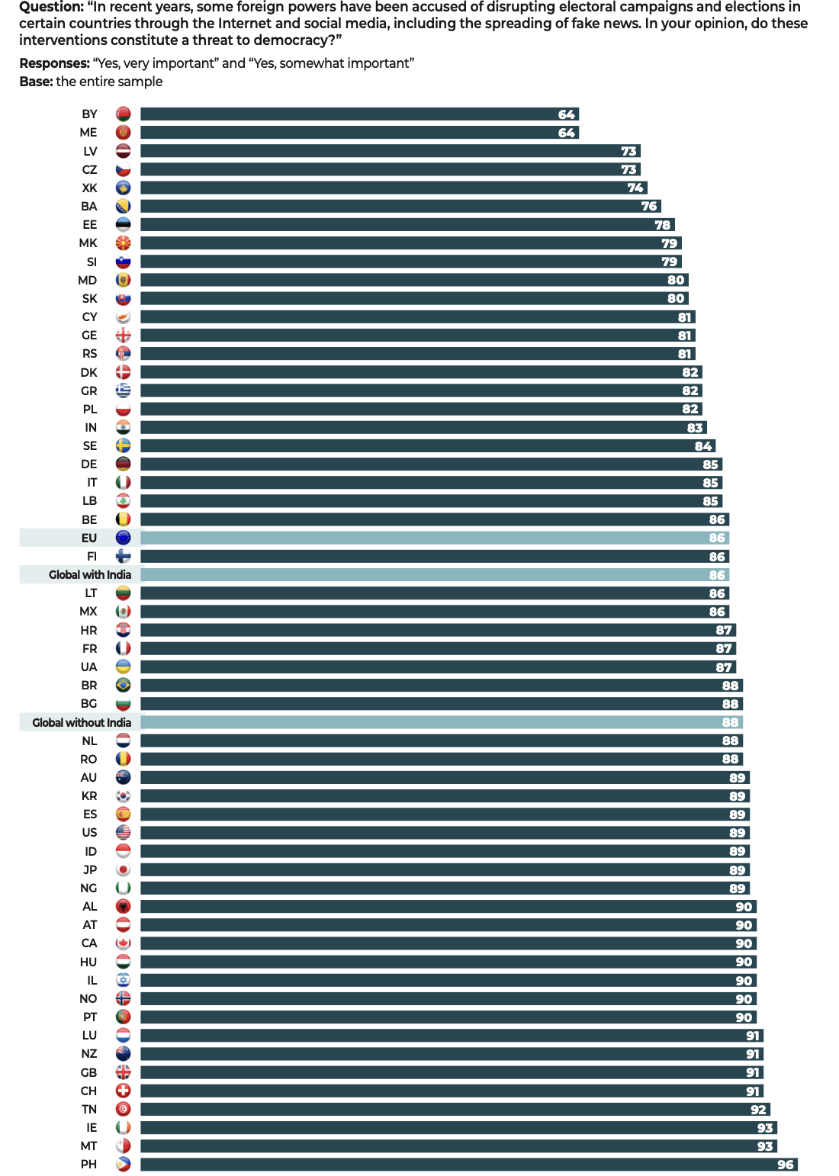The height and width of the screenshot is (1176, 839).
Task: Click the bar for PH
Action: [x=468, y=1165]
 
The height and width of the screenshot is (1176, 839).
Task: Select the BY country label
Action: [x=89, y=114]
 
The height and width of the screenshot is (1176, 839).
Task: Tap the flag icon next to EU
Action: [x=123, y=538]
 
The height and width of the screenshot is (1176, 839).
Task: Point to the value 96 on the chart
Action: [x=786, y=1165]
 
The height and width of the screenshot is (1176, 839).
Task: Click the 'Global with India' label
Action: [x=90, y=575]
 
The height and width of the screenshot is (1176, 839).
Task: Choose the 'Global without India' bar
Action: [x=441, y=722]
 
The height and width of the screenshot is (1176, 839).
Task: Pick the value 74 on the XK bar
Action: [x=635, y=188]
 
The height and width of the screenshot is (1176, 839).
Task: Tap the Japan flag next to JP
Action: [x=123, y=870]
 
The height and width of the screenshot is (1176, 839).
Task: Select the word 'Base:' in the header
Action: [x=36, y=82]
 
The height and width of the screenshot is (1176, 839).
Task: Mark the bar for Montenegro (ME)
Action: [x=359, y=133]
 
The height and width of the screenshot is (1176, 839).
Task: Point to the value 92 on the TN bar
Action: [x=758, y=1110]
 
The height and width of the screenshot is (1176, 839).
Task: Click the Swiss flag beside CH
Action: [x=123, y=1091]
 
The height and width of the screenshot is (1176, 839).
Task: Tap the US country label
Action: [x=89, y=833]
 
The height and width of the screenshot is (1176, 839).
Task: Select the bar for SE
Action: [x=427, y=446]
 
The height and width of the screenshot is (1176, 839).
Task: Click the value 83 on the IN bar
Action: [x=695, y=428]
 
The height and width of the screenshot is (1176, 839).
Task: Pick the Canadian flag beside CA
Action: [x=123, y=943]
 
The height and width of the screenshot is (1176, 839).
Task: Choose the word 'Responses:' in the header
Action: [x=54, y=63]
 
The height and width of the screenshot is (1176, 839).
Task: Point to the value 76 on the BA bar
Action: [x=649, y=206]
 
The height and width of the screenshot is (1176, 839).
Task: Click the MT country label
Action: [x=88, y=1146]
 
